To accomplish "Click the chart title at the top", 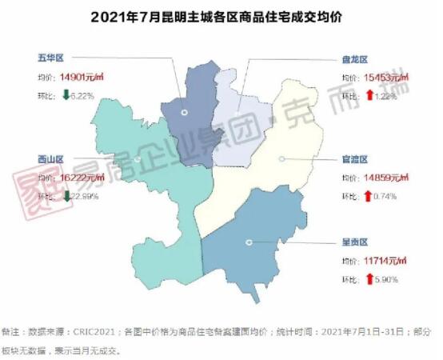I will (221, 17).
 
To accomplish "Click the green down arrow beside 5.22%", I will (66, 95).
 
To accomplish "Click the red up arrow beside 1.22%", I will (369, 95).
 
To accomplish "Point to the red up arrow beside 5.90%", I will (369, 278).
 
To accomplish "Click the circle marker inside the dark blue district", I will (184, 113).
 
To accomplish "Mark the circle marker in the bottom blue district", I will (249, 242).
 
